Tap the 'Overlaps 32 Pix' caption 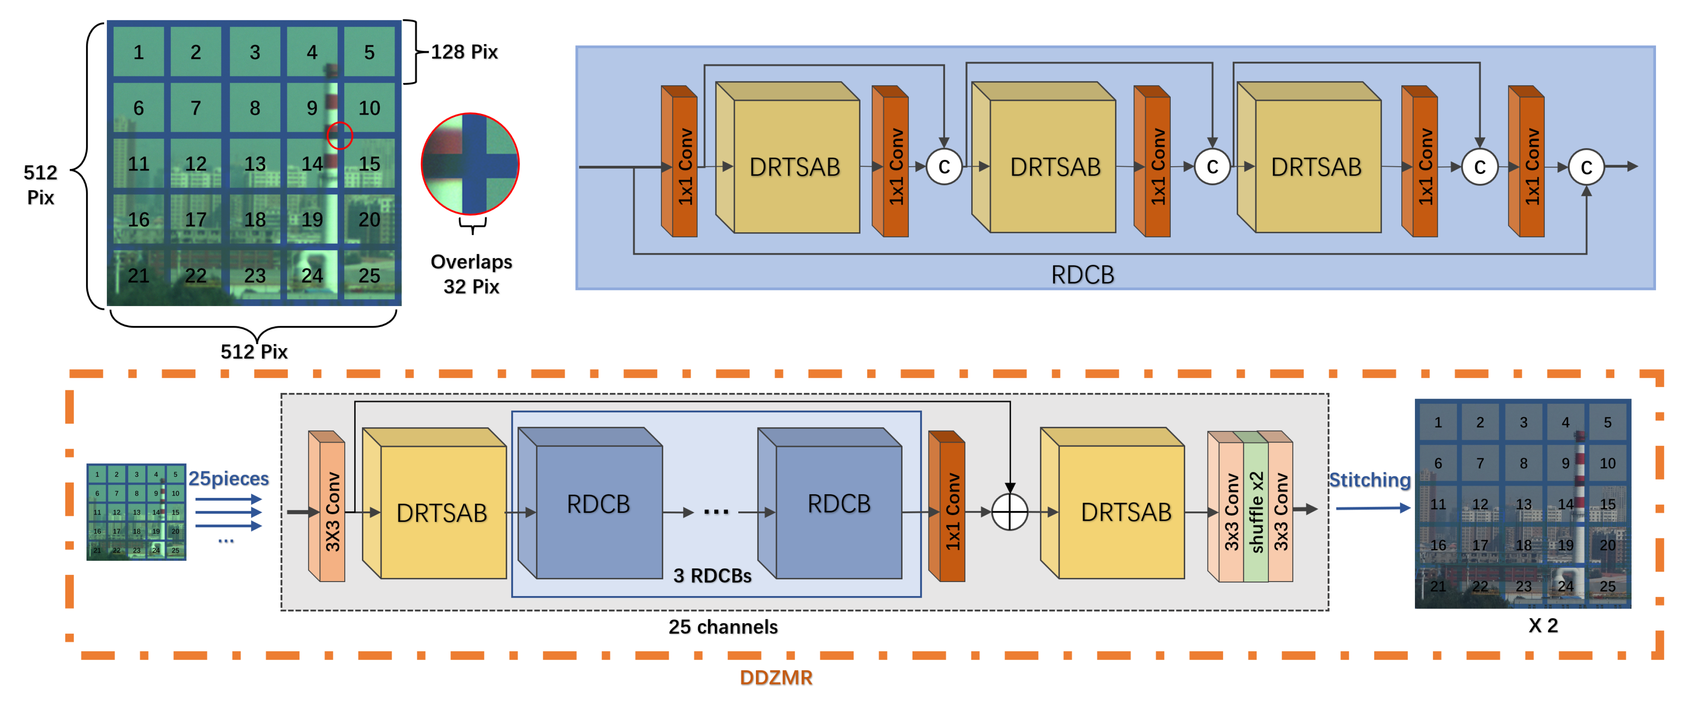(x=471, y=274)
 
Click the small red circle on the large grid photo (x=340, y=135)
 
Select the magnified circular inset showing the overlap (x=470, y=164)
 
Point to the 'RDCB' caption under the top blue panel (x=1083, y=274)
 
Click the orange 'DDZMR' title (x=776, y=678)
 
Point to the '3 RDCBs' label (x=712, y=576)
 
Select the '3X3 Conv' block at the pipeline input (x=326, y=506)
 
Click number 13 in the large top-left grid (x=255, y=163)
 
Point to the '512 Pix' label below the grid (x=254, y=352)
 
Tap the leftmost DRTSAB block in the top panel (x=788, y=157)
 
